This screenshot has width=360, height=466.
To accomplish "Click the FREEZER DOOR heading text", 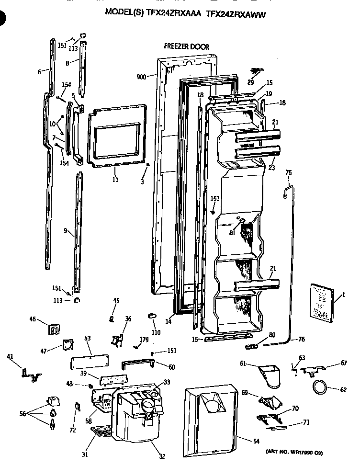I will tap(186, 47).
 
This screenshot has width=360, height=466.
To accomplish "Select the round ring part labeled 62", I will tap(320, 386).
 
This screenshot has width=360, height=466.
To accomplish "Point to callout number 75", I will tap(288, 172).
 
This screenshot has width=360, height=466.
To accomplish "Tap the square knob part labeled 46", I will tap(54, 330).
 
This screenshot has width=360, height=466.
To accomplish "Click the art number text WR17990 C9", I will tap(297, 452).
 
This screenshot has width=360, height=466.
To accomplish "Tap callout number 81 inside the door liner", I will tap(231, 233).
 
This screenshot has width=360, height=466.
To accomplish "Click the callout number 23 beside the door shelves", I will tap(272, 168).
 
